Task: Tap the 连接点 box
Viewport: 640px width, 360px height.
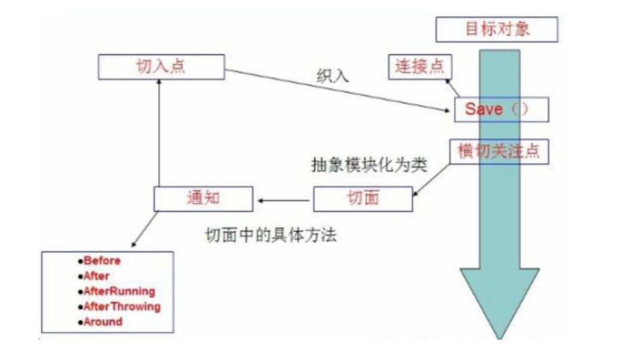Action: coord(420,66)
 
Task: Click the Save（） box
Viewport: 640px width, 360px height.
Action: coord(500,109)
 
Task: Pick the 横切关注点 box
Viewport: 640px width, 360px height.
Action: coord(499,152)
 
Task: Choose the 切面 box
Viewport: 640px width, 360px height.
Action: coord(362,198)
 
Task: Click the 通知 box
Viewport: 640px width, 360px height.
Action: coord(203,198)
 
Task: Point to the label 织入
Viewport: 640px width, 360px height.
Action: coord(333,76)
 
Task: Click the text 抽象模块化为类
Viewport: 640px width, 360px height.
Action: coord(369,165)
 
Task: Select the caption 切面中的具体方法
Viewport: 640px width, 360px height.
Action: coord(270,235)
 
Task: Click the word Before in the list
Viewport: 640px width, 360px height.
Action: coord(102,261)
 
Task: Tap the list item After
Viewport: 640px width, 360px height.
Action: coord(96,276)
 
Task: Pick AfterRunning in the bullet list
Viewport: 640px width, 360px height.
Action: coord(119,291)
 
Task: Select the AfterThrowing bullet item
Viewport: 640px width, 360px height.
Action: coord(122,307)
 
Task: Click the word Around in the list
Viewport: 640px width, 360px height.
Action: coord(103,322)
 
